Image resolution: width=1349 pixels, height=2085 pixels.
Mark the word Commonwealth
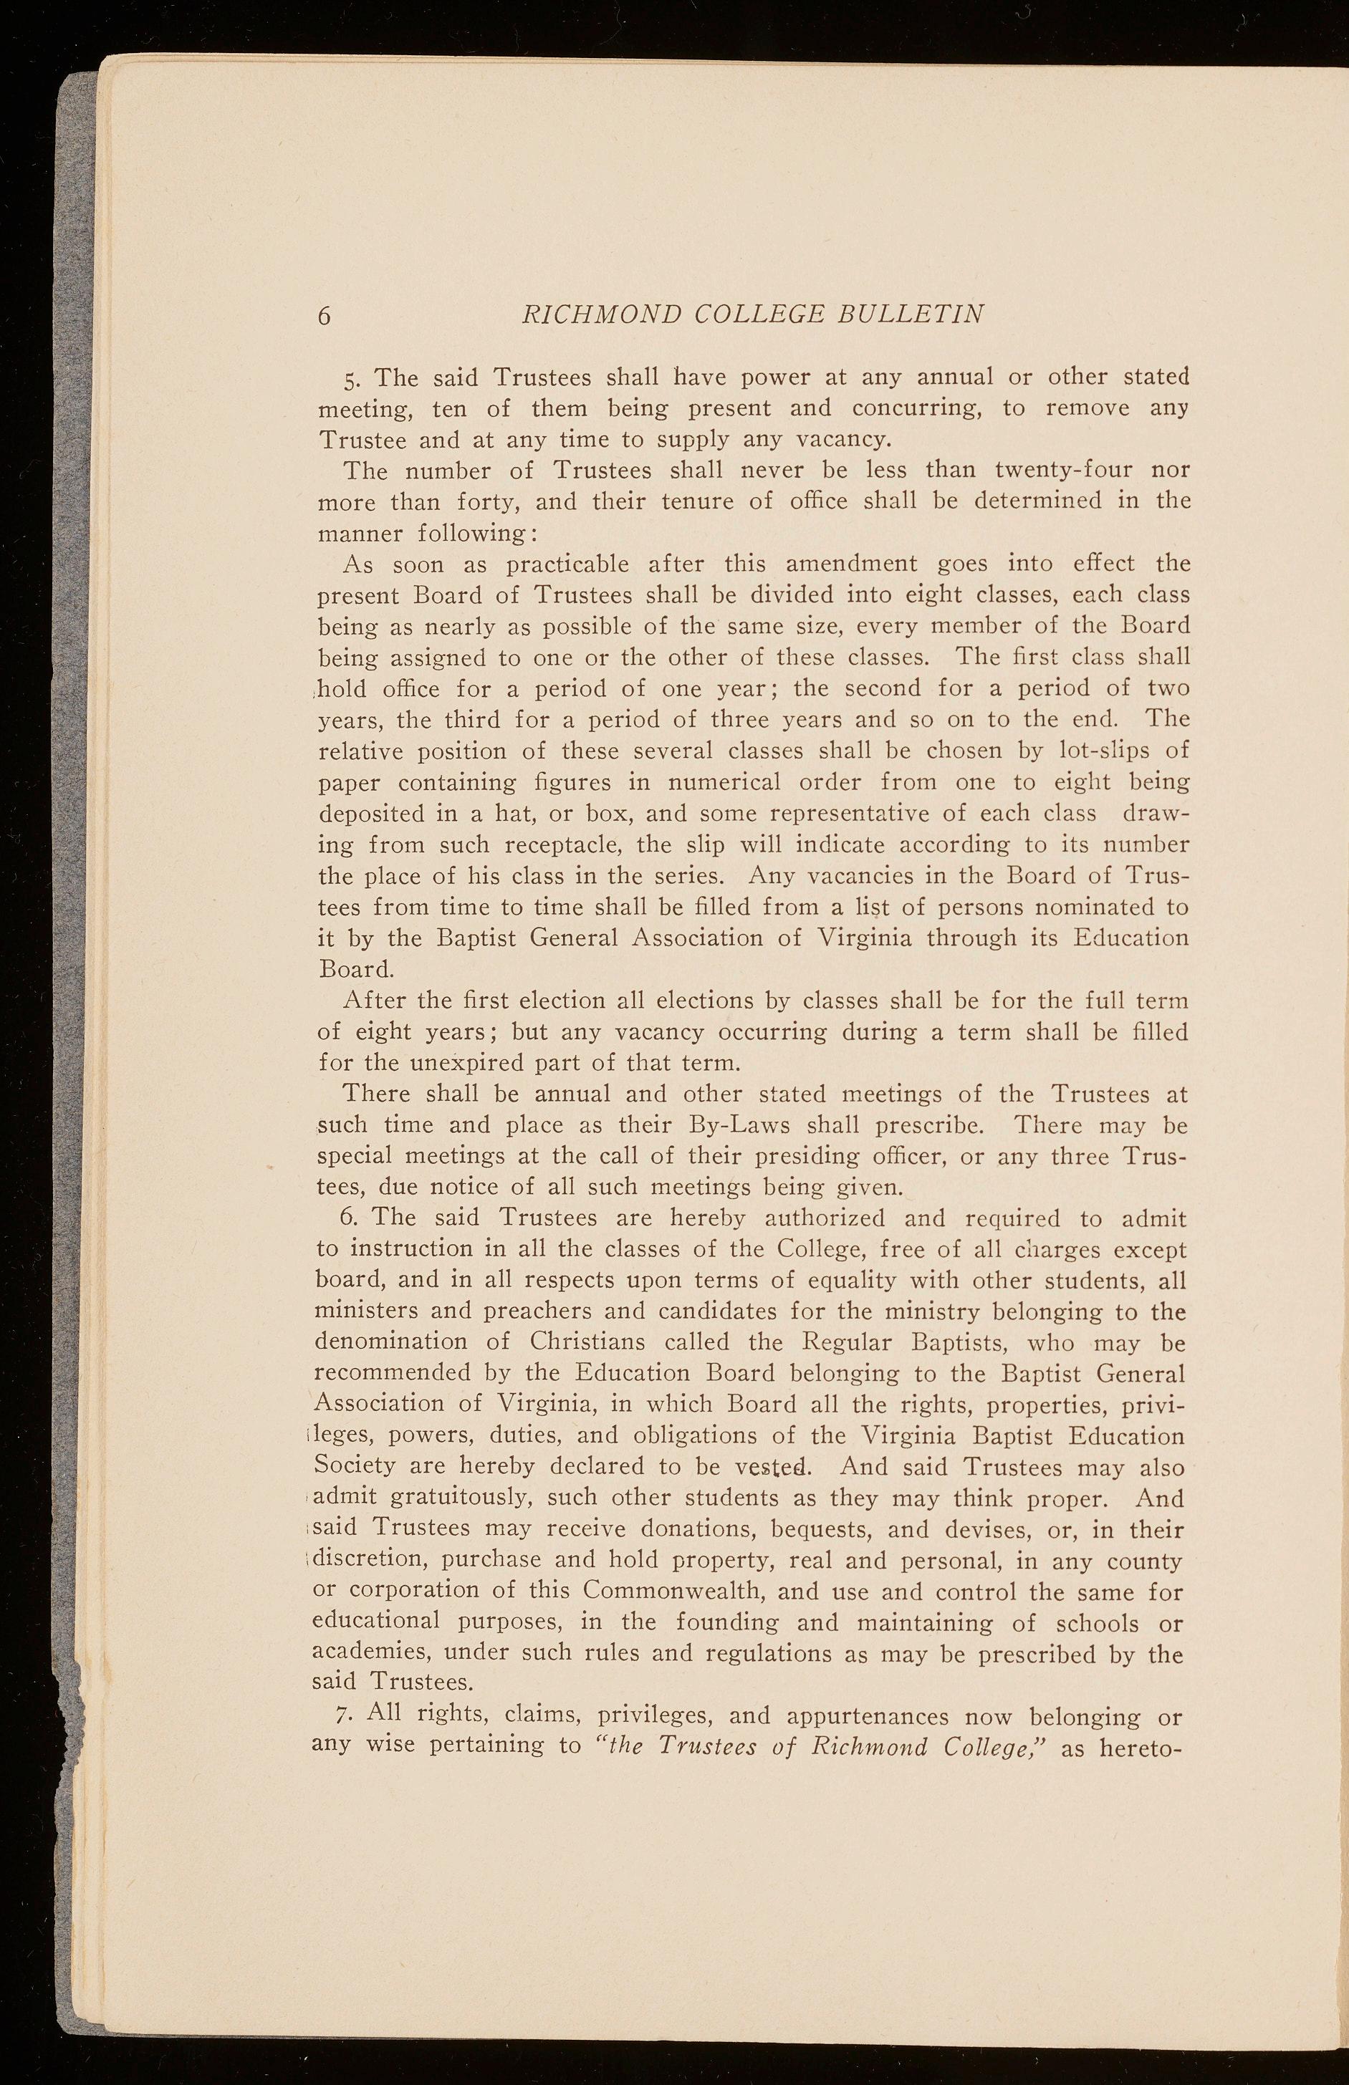673,1590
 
